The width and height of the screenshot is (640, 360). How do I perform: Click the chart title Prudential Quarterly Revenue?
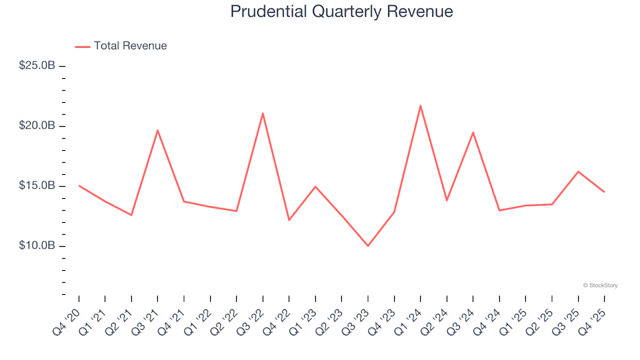point(341,11)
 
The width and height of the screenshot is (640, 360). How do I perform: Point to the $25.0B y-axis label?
point(37,66)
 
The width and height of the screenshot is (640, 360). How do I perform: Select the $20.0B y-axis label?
point(37,126)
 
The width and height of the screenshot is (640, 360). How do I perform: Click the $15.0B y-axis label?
point(37,186)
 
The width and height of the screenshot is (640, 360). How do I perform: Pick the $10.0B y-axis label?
point(37,246)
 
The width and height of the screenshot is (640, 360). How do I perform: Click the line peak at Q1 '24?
point(420,105)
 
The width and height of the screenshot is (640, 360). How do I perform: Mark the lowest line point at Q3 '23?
point(367,246)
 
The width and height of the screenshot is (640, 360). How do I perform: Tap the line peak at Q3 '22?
point(263,113)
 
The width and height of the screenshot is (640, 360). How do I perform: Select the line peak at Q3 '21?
point(157,130)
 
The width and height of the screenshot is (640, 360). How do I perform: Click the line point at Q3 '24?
point(473,132)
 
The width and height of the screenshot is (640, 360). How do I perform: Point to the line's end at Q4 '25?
point(604,192)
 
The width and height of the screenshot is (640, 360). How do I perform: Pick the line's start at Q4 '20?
point(79,185)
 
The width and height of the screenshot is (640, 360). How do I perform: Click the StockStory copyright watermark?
point(600,285)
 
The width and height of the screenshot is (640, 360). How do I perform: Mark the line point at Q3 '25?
point(578,171)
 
